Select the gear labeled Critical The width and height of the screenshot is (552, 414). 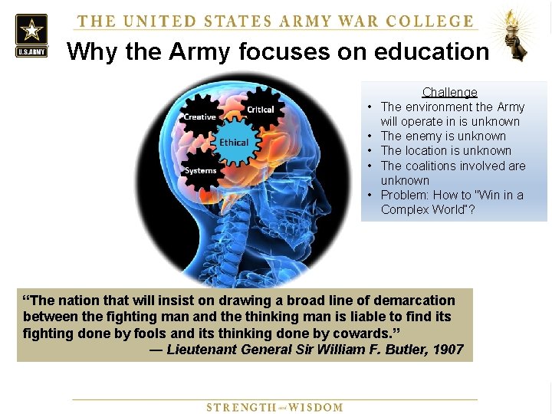point(260,110)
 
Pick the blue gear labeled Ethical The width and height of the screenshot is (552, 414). point(234,143)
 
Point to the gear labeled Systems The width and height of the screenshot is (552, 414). point(201,170)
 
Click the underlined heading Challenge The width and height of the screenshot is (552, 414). point(449,92)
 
